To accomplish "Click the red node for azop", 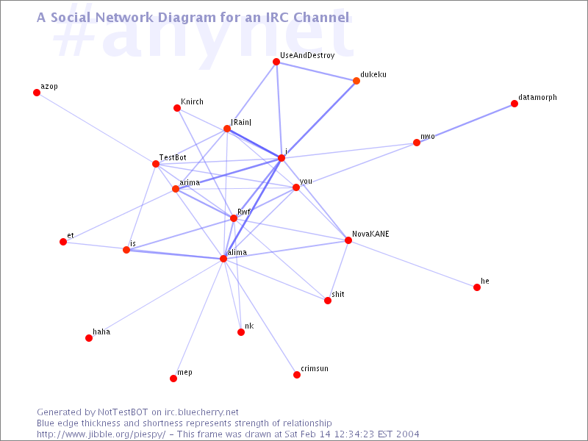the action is click(37, 93).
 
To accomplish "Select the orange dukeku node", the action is click(356, 81).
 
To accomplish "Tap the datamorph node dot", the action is click(514, 104).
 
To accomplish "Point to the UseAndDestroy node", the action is click(276, 62).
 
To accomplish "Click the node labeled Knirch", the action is click(177, 108).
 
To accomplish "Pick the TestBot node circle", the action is click(156, 164).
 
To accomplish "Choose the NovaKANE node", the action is click(348, 240).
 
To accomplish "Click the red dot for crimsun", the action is click(297, 375).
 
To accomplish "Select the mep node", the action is click(173, 379).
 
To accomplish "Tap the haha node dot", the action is click(89, 338).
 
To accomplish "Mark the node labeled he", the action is click(477, 287).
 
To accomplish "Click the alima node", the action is click(223, 259).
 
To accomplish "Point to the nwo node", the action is click(417, 143).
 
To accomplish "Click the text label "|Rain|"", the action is click(241, 122).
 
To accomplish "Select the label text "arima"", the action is click(190, 182).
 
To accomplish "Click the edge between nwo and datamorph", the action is click(465, 123).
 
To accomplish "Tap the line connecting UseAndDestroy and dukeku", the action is click(316, 71).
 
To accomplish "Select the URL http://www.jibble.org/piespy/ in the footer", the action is click(101, 434).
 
